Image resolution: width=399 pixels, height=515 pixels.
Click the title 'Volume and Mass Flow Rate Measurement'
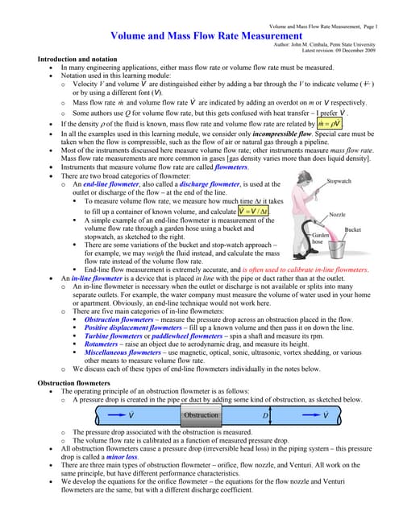(199, 36)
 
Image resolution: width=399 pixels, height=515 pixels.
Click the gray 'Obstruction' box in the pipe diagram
(201, 415)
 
